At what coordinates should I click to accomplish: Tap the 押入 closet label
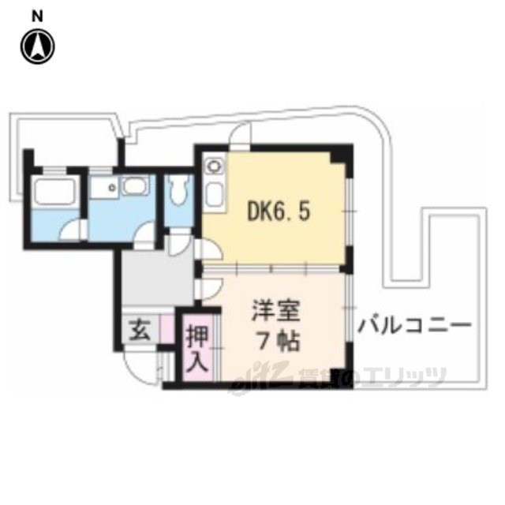pos(197,350)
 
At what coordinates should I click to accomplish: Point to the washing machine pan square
pos(103,189)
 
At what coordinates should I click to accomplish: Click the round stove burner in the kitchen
pos(211,166)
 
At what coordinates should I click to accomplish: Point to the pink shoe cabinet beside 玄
pos(166,327)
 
